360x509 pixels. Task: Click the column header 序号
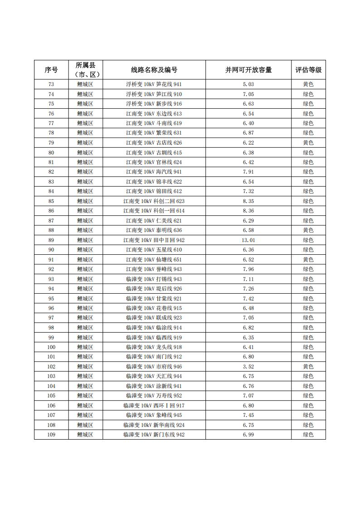click(51, 70)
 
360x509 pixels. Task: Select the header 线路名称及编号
click(154, 70)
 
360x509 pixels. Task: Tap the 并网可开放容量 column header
click(248, 70)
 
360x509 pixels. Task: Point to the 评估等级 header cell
click(308, 70)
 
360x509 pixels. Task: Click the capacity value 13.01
click(248, 240)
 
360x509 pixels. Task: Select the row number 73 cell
click(51, 84)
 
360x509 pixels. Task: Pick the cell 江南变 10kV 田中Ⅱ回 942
click(154, 240)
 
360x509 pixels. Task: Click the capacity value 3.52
click(248, 367)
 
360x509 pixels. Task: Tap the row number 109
click(51, 435)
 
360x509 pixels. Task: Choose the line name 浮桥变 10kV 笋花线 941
click(154, 84)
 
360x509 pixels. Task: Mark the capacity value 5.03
click(248, 84)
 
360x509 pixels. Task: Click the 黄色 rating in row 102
click(308, 367)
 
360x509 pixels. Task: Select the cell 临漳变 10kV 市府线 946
click(154, 367)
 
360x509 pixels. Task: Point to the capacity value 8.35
click(248, 201)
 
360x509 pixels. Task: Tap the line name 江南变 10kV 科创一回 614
click(154, 211)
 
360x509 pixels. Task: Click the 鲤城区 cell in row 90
click(85, 250)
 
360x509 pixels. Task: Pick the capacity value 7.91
click(248, 172)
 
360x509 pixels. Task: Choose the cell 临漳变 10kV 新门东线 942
click(154, 435)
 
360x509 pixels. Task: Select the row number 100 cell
click(51, 347)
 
